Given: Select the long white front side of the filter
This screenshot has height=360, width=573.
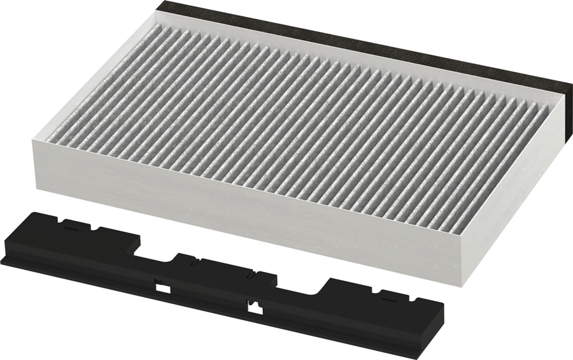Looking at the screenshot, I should pyautogui.click(x=242, y=210).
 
